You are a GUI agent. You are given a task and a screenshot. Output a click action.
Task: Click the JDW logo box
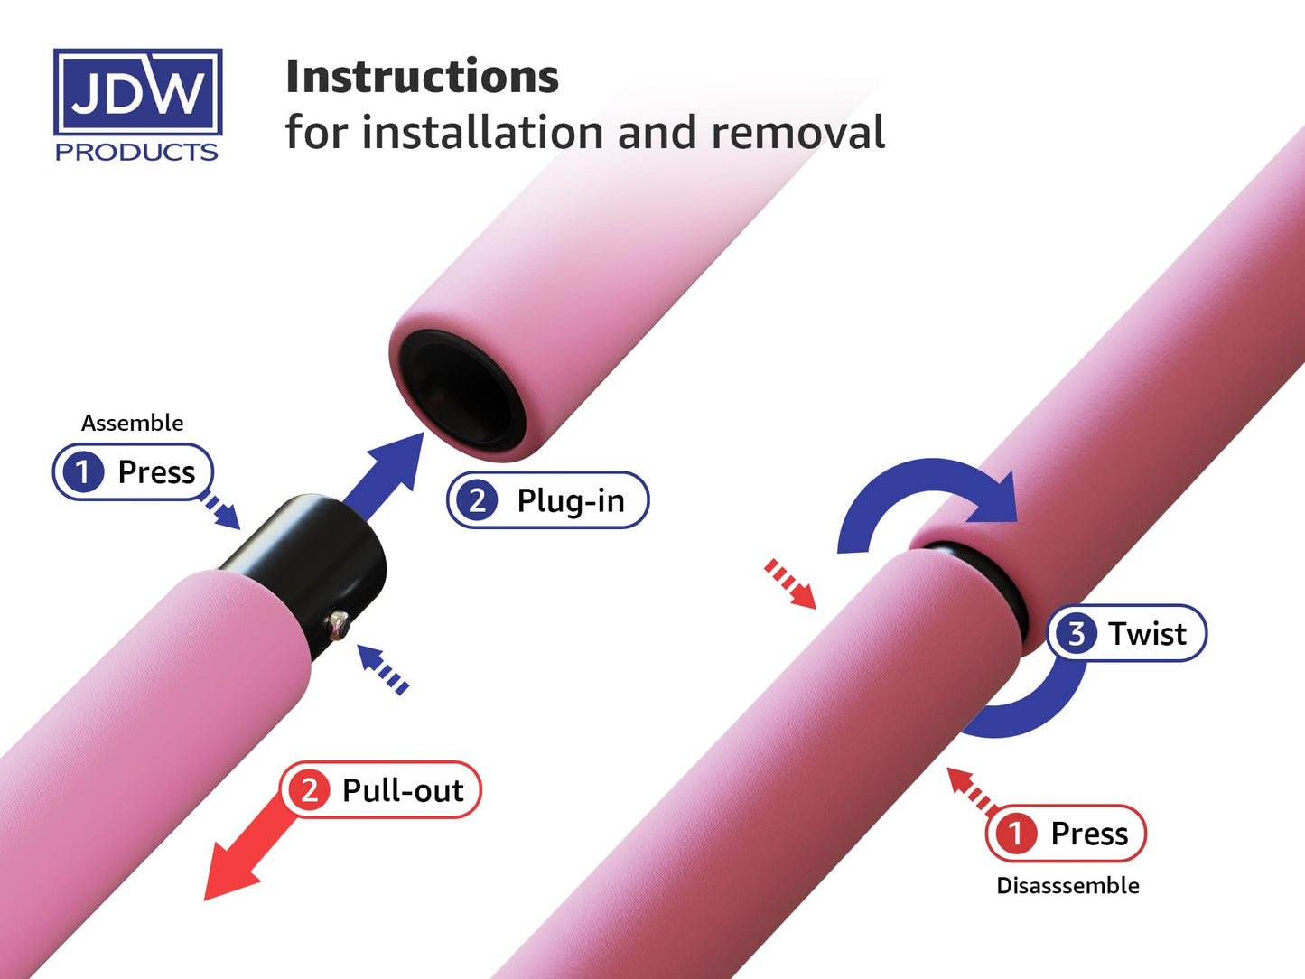pyautogui.click(x=137, y=92)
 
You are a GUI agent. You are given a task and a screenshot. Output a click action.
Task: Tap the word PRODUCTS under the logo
pyautogui.click(x=136, y=152)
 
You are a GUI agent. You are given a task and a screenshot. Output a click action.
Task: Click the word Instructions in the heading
pyautogui.click(x=422, y=77)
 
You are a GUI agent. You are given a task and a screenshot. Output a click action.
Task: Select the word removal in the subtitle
pyautogui.click(x=797, y=133)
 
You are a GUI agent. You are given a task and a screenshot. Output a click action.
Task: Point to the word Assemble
pyautogui.click(x=132, y=423)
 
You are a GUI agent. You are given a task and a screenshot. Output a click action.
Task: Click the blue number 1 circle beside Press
pyautogui.click(x=82, y=471)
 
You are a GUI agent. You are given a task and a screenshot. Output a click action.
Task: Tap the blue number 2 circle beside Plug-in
pyautogui.click(x=477, y=499)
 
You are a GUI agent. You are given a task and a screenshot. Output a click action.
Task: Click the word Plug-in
pyautogui.click(x=570, y=500)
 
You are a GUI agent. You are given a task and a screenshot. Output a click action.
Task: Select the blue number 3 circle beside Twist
pyautogui.click(x=1076, y=633)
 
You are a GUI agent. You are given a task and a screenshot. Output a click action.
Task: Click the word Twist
pyautogui.click(x=1147, y=634)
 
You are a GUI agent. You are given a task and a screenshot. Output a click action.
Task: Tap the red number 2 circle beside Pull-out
pyautogui.click(x=309, y=790)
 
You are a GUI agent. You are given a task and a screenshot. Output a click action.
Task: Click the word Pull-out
pyautogui.click(x=403, y=791)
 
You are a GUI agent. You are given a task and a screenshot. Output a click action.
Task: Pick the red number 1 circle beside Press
pyautogui.click(x=1015, y=833)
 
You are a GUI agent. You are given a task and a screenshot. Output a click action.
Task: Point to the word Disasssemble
pyautogui.click(x=1067, y=886)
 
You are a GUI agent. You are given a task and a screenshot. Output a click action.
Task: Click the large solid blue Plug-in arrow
pyautogui.click(x=384, y=474)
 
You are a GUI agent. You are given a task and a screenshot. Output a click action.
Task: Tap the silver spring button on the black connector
pyautogui.click(x=339, y=622)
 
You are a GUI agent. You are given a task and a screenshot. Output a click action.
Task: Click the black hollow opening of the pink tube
pyautogui.click(x=460, y=393)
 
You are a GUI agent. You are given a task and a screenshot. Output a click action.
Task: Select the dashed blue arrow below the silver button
pyautogui.click(x=383, y=668)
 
